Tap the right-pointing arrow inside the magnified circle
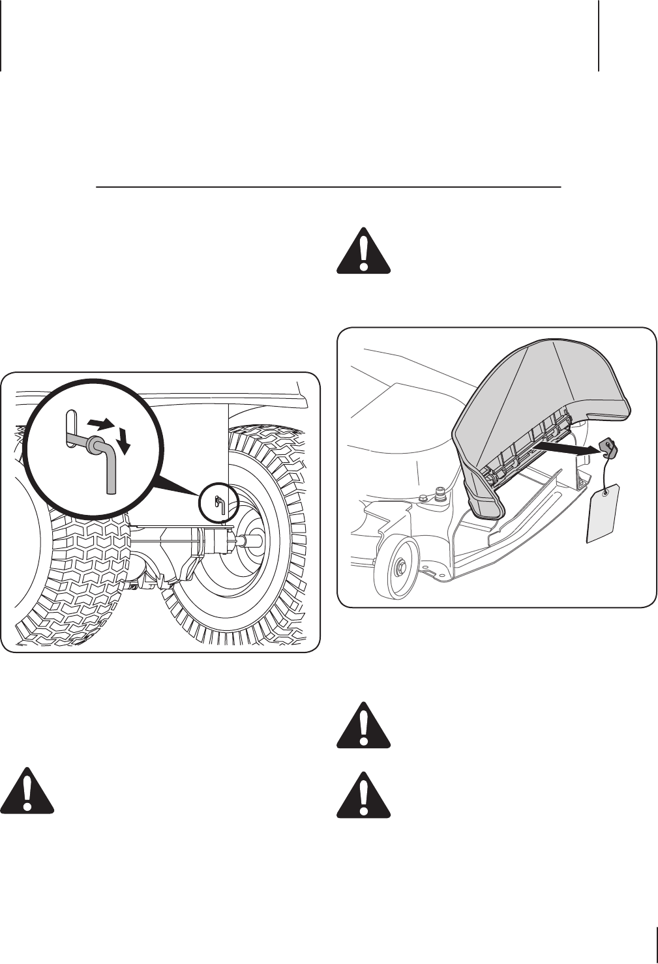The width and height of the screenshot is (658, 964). point(99,424)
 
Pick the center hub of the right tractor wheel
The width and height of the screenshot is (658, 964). point(251,538)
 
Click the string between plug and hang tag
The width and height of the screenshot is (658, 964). point(608,469)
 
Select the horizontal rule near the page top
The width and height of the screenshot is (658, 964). point(329,187)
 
